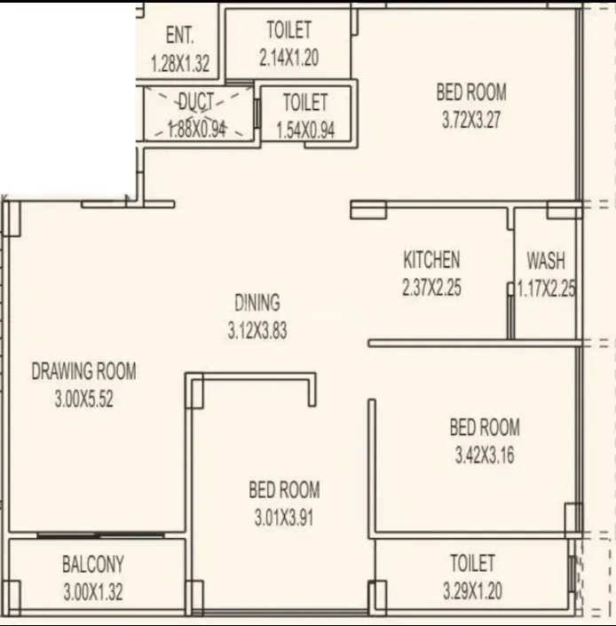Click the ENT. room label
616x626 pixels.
[x=180, y=36]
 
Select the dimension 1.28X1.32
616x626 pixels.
[x=180, y=63]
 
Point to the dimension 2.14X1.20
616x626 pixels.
[x=288, y=59]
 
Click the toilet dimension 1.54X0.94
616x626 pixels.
[x=305, y=130]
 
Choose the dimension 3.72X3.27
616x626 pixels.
[x=471, y=120]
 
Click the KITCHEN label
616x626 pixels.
[x=431, y=260]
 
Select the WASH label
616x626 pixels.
[x=546, y=261]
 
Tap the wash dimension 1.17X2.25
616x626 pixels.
[x=547, y=288]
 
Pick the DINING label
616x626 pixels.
[x=257, y=303]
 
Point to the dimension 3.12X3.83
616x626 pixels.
[x=257, y=331]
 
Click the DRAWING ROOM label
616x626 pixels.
[x=84, y=371]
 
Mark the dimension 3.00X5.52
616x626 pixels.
[x=84, y=400]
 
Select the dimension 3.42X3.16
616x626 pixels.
[x=484, y=456]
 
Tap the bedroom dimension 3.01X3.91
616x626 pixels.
[x=284, y=518]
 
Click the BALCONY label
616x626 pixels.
[x=93, y=564]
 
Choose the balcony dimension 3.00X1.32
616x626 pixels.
[x=93, y=591]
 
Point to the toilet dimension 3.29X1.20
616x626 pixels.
[x=472, y=591]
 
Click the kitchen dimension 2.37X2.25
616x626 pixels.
[x=431, y=288]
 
